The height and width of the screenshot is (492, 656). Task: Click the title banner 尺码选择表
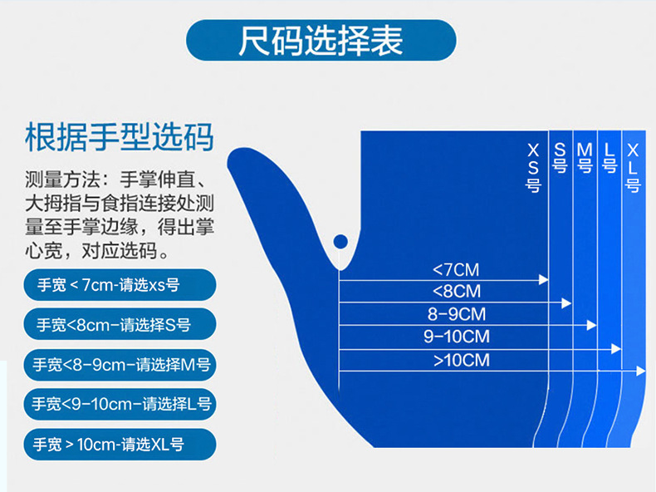[321, 40]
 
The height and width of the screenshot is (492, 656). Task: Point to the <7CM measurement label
[456, 269]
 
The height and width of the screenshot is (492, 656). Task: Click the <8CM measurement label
[457, 292]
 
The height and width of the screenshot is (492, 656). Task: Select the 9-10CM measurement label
[456, 337]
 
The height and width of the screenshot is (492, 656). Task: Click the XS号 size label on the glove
[533, 167]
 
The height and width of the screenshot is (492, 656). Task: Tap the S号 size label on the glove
[560, 157]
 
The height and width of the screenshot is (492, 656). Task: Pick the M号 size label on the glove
[585, 157]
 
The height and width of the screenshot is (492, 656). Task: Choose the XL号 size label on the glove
[633, 167]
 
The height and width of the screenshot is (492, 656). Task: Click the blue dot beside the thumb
[340, 242]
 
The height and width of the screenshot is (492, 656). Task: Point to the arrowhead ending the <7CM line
[545, 279]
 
